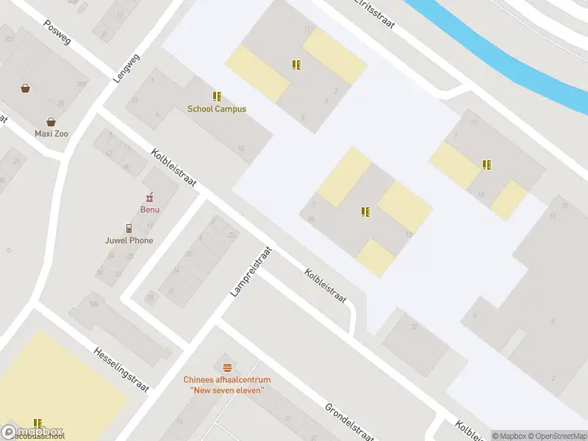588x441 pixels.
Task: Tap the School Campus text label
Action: point(217,109)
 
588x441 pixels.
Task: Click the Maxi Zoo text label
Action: point(51,134)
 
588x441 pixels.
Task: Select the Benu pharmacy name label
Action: point(150,209)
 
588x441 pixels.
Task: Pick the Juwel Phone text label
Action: point(129,240)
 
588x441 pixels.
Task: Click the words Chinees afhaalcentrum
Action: point(227,380)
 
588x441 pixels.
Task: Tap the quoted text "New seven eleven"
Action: point(227,390)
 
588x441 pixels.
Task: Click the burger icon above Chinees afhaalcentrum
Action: point(227,367)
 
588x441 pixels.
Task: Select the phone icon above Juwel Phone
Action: point(129,228)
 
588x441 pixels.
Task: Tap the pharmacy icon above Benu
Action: point(150,197)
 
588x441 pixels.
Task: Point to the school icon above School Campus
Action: point(217,96)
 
